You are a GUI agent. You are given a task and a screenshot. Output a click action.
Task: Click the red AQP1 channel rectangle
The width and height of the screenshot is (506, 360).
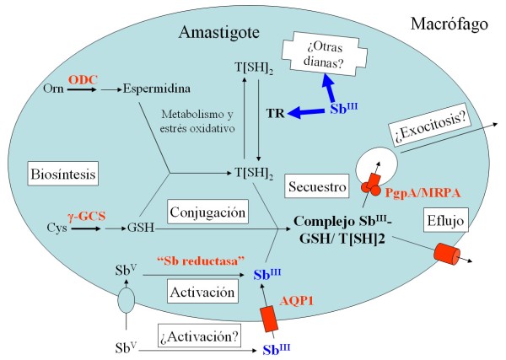coord(270,316)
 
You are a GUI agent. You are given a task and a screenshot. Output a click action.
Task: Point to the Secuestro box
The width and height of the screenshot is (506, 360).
coord(311,185)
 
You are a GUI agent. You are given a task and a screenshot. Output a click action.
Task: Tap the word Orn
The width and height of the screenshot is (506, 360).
coord(52,88)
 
